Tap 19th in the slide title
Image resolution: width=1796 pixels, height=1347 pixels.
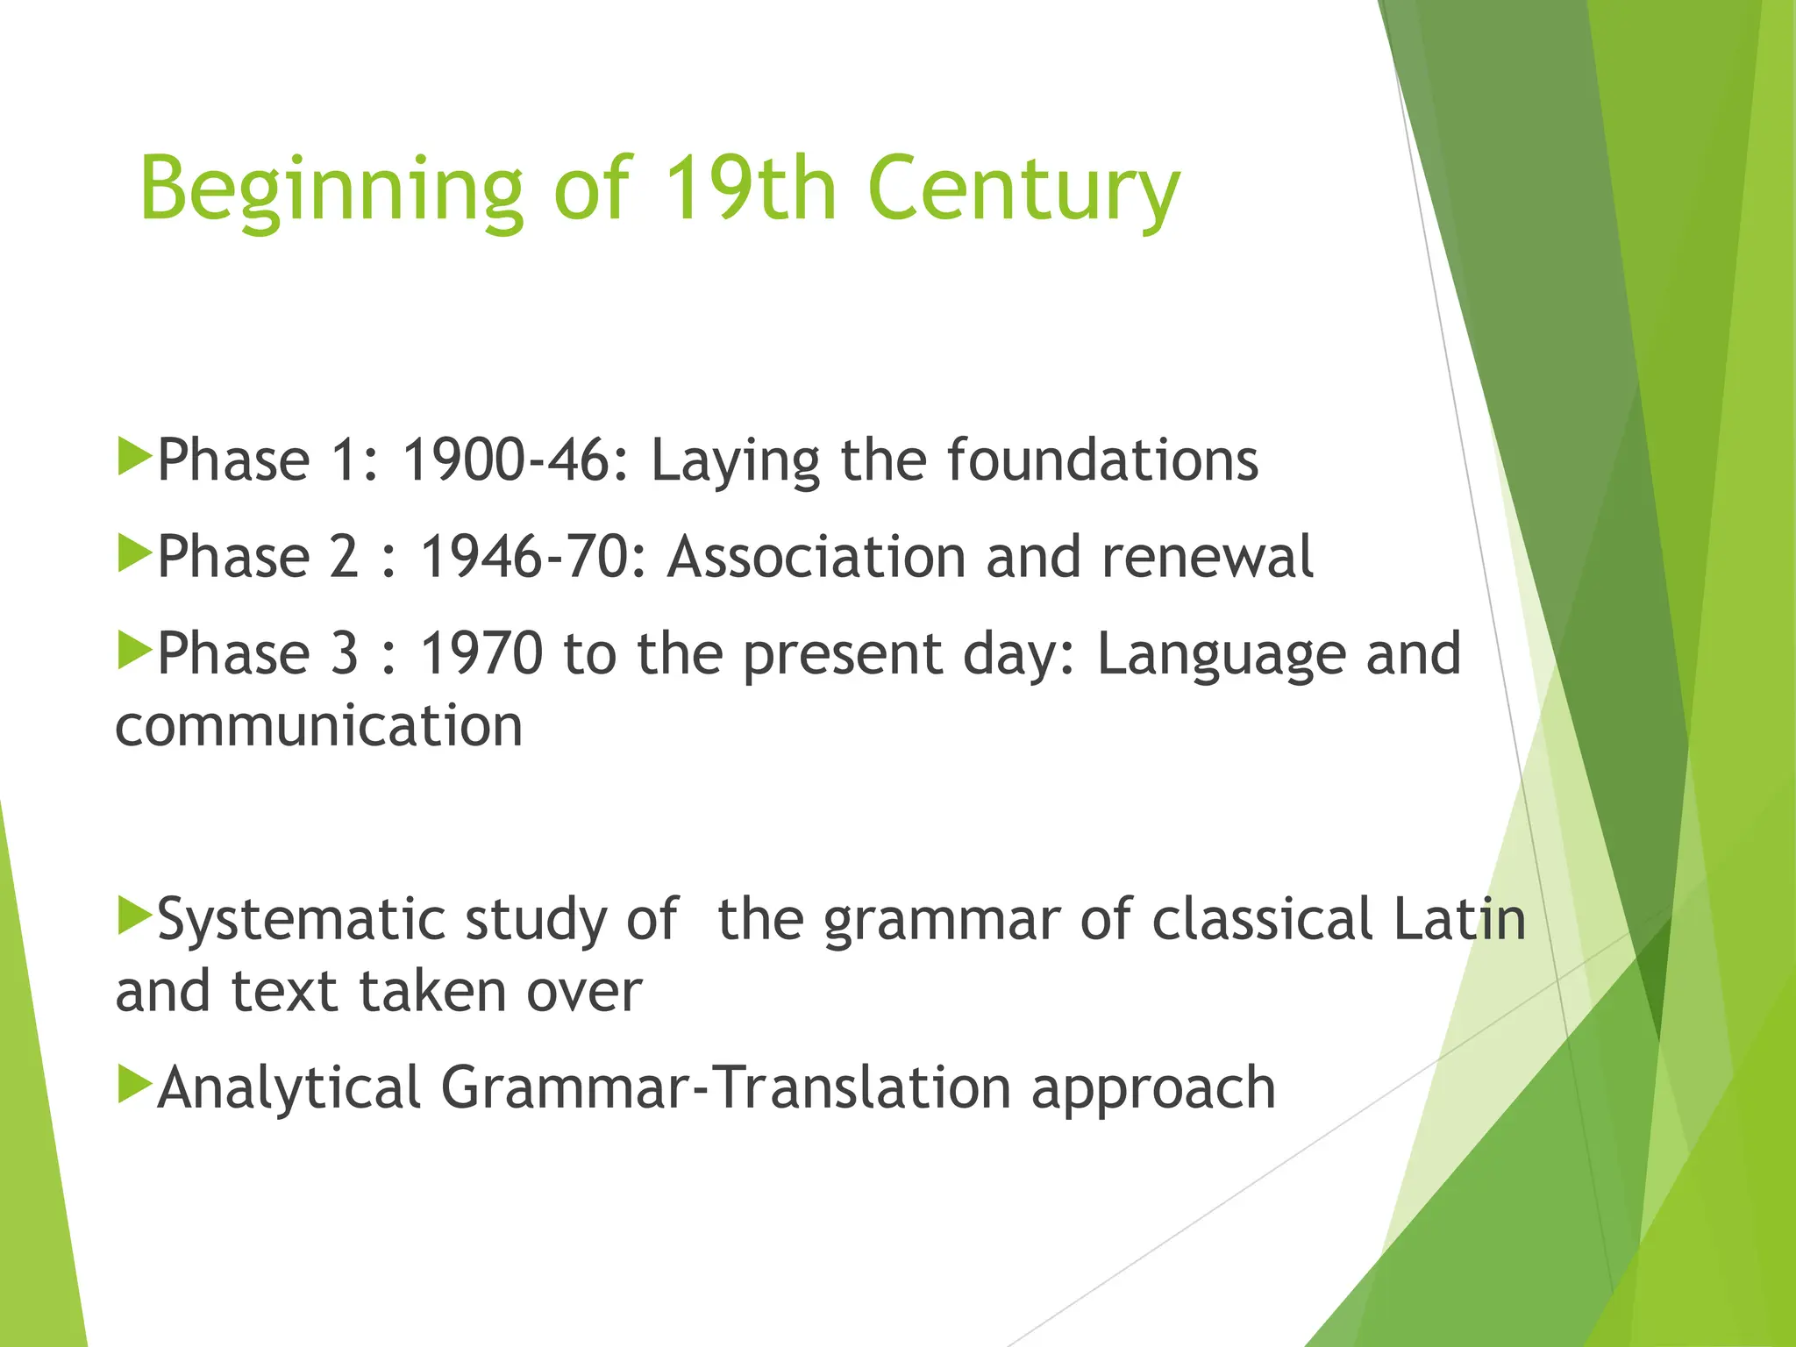click(x=750, y=189)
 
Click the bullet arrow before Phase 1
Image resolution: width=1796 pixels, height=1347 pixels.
click(x=134, y=458)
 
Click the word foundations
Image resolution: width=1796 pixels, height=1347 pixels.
click(x=1102, y=461)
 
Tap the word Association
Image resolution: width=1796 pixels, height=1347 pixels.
click(x=816, y=558)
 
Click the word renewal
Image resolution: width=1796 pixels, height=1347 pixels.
click(x=1208, y=558)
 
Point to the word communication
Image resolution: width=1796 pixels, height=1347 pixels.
click(x=319, y=726)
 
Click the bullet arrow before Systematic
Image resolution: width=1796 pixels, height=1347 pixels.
click(x=134, y=916)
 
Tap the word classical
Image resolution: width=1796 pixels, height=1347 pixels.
click(x=1263, y=919)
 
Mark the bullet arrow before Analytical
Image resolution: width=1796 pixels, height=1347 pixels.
click(x=134, y=1084)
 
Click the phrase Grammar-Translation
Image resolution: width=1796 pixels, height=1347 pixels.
click(x=725, y=1088)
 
